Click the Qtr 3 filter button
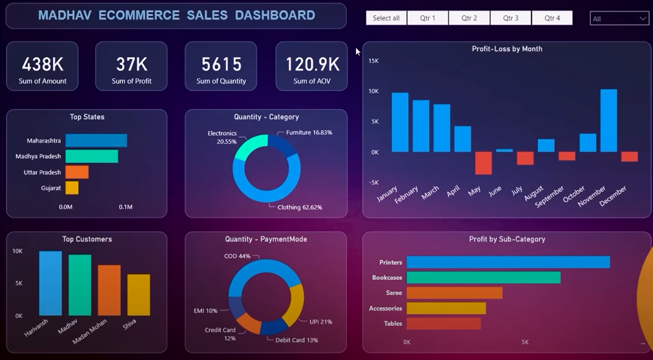[x=510, y=18]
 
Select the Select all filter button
[x=386, y=18]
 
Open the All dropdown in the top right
[x=619, y=19]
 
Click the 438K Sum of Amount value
[x=43, y=64]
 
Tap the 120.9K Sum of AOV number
[x=312, y=64]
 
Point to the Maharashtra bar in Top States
[x=96, y=140]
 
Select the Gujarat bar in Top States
[x=72, y=188]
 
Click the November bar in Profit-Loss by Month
[x=608, y=121]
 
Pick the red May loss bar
[x=483, y=163]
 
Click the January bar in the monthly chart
[x=400, y=122]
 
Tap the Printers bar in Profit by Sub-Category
[x=508, y=262]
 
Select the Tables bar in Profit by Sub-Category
[x=443, y=324]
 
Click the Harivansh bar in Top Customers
[x=50, y=283]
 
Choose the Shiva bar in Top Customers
[x=138, y=295]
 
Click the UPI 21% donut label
[x=321, y=321]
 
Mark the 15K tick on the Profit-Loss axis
[x=373, y=61]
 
